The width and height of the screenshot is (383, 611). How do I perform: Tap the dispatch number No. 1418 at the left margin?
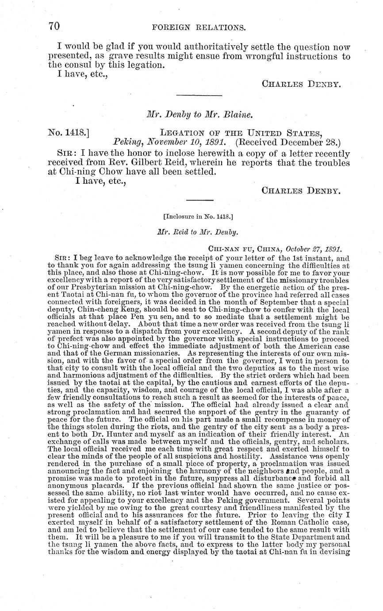click(x=68, y=131)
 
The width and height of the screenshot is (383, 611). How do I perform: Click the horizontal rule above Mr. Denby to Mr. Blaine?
click(x=199, y=95)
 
